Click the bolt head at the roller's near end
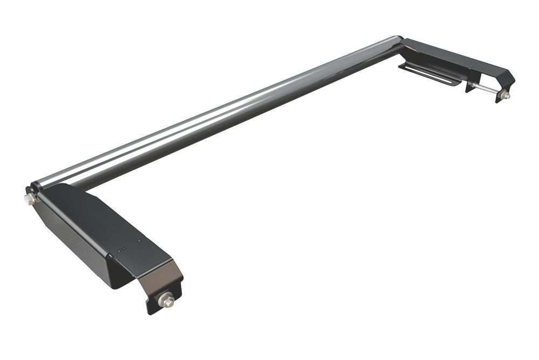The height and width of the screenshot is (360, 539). point(28,199)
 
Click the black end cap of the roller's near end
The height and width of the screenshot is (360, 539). point(36,189)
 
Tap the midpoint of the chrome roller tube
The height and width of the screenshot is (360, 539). point(216,113)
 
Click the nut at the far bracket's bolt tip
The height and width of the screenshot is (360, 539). point(506,95)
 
